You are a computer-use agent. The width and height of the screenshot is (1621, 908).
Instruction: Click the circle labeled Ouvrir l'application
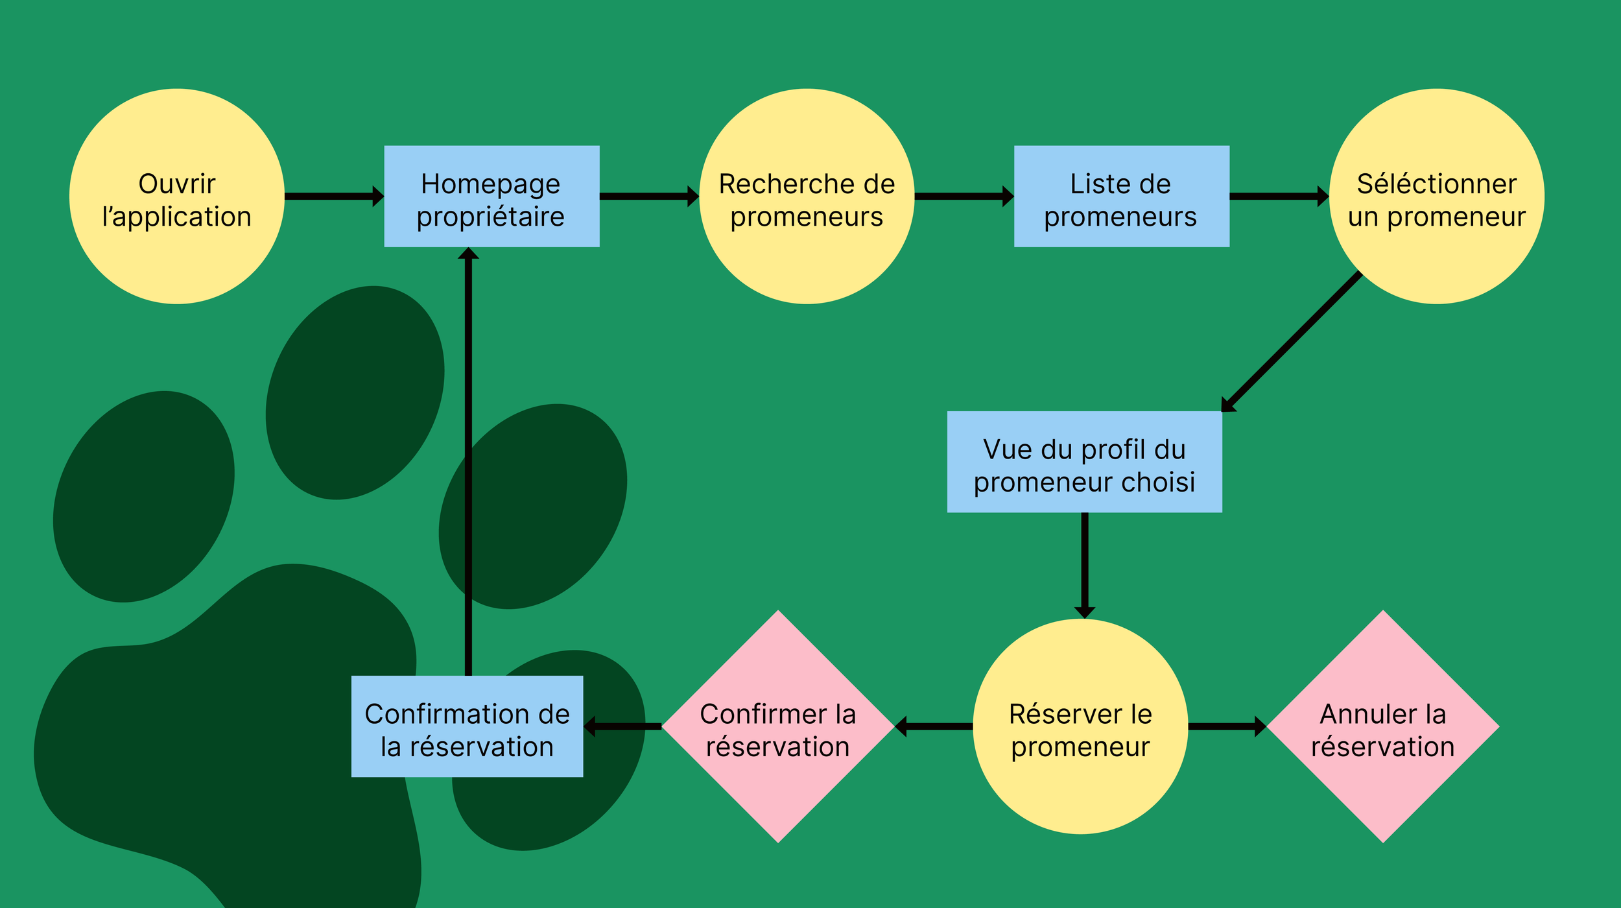(x=176, y=196)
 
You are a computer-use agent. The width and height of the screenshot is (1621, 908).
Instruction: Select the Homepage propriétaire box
(x=491, y=196)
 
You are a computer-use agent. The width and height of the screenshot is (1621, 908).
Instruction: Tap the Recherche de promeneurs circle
(x=807, y=196)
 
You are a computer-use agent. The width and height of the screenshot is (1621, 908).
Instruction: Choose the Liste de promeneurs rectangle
(x=1121, y=196)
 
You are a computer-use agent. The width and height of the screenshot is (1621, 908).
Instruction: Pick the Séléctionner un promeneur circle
(x=1436, y=196)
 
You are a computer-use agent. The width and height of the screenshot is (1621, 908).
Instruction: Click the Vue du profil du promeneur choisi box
(x=1084, y=462)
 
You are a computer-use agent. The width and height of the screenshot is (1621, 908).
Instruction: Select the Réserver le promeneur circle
(x=1080, y=726)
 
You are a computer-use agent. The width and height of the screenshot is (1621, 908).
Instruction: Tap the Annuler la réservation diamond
(x=1383, y=726)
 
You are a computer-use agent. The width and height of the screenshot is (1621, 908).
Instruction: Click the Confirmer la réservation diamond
(x=778, y=726)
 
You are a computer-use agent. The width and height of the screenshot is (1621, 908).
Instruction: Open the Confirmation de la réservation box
(x=467, y=726)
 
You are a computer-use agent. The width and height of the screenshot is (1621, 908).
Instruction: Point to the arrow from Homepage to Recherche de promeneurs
(x=648, y=196)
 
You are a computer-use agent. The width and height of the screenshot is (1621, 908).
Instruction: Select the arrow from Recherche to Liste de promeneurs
(x=964, y=196)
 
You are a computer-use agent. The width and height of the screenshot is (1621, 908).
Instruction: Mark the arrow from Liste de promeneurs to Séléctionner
(x=1278, y=196)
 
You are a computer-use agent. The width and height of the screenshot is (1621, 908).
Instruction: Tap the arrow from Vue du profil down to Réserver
(x=1084, y=564)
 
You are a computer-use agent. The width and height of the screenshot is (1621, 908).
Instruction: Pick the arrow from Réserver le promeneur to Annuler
(x=1226, y=726)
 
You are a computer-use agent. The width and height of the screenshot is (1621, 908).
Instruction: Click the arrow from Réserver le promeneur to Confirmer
(x=934, y=726)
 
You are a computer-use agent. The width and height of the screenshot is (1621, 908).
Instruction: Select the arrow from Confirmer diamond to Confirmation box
(x=622, y=726)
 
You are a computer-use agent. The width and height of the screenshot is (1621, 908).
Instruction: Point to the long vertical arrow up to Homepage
(x=468, y=460)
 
